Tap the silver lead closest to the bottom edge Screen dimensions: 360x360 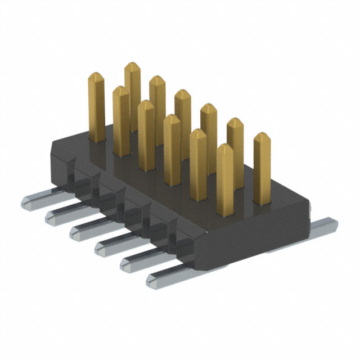click(163, 277)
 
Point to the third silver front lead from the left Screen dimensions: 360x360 click(84, 229)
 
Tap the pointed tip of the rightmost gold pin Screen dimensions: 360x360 click(262, 136)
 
